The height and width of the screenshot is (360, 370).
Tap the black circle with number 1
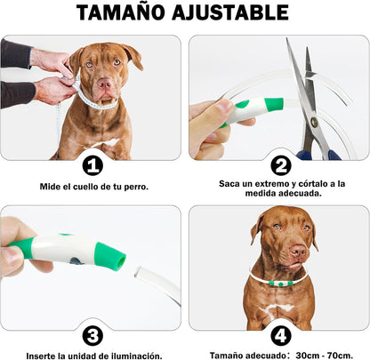pyautogui.click(x=92, y=165)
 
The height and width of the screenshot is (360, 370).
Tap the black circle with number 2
pyautogui.click(x=280, y=164)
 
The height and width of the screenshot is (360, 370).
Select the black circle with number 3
pyautogui.click(x=92, y=335)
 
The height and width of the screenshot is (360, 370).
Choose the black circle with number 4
pyautogui.click(x=280, y=335)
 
